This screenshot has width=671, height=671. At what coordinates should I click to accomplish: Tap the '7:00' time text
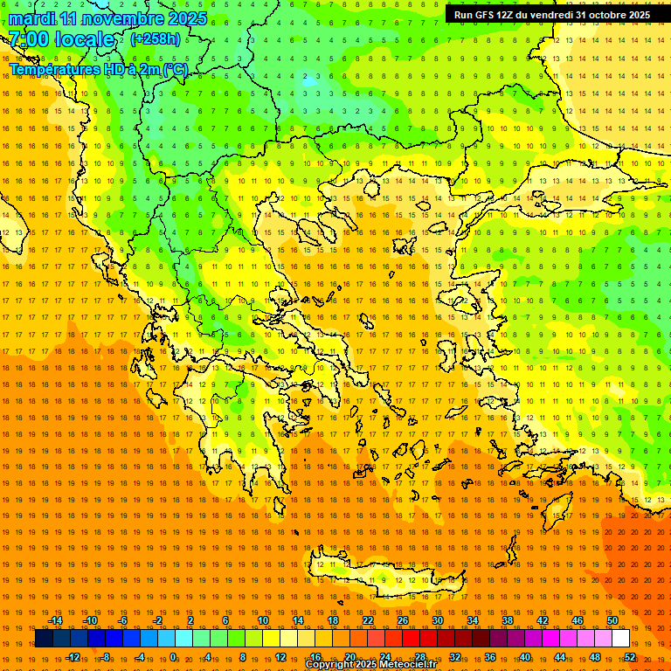[x=28, y=39]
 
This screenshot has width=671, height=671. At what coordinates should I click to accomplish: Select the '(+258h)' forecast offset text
[x=156, y=39]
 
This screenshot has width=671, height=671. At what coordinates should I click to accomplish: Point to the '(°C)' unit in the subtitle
[x=175, y=70]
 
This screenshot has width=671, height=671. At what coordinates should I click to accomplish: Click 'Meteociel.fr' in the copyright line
[x=408, y=665]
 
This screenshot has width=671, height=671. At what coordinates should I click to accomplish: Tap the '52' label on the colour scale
[x=629, y=656]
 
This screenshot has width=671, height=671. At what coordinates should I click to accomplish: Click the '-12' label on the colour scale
[x=72, y=656]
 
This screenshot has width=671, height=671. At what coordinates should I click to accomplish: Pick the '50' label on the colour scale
[x=612, y=620]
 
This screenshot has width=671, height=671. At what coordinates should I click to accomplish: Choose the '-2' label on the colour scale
[x=157, y=620]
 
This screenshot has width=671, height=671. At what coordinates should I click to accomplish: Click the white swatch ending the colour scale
[x=620, y=639]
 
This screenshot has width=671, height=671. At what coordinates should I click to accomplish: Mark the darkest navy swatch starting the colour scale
[x=44, y=639]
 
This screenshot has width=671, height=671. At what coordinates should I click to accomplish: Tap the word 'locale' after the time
[x=85, y=39]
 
